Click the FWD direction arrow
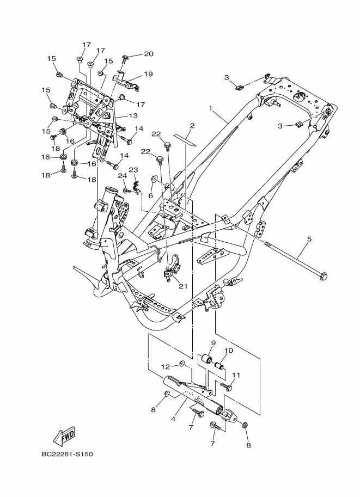(64, 435)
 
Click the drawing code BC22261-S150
(67, 454)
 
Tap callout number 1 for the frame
(210, 108)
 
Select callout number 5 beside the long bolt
(309, 238)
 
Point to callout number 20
(149, 54)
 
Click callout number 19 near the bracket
(148, 74)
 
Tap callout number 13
(133, 116)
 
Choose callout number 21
(183, 286)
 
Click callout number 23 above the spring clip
(133, 170)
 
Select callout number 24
(123, 176)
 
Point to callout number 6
(150, 195)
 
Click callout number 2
(192, 126)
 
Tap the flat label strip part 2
(185, 140)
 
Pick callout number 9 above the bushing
(213, 342)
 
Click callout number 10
(229, 350)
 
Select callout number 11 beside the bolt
(236, 375)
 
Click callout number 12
(165, 367)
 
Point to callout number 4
(173, 419)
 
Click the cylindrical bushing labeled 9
(208, 359)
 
